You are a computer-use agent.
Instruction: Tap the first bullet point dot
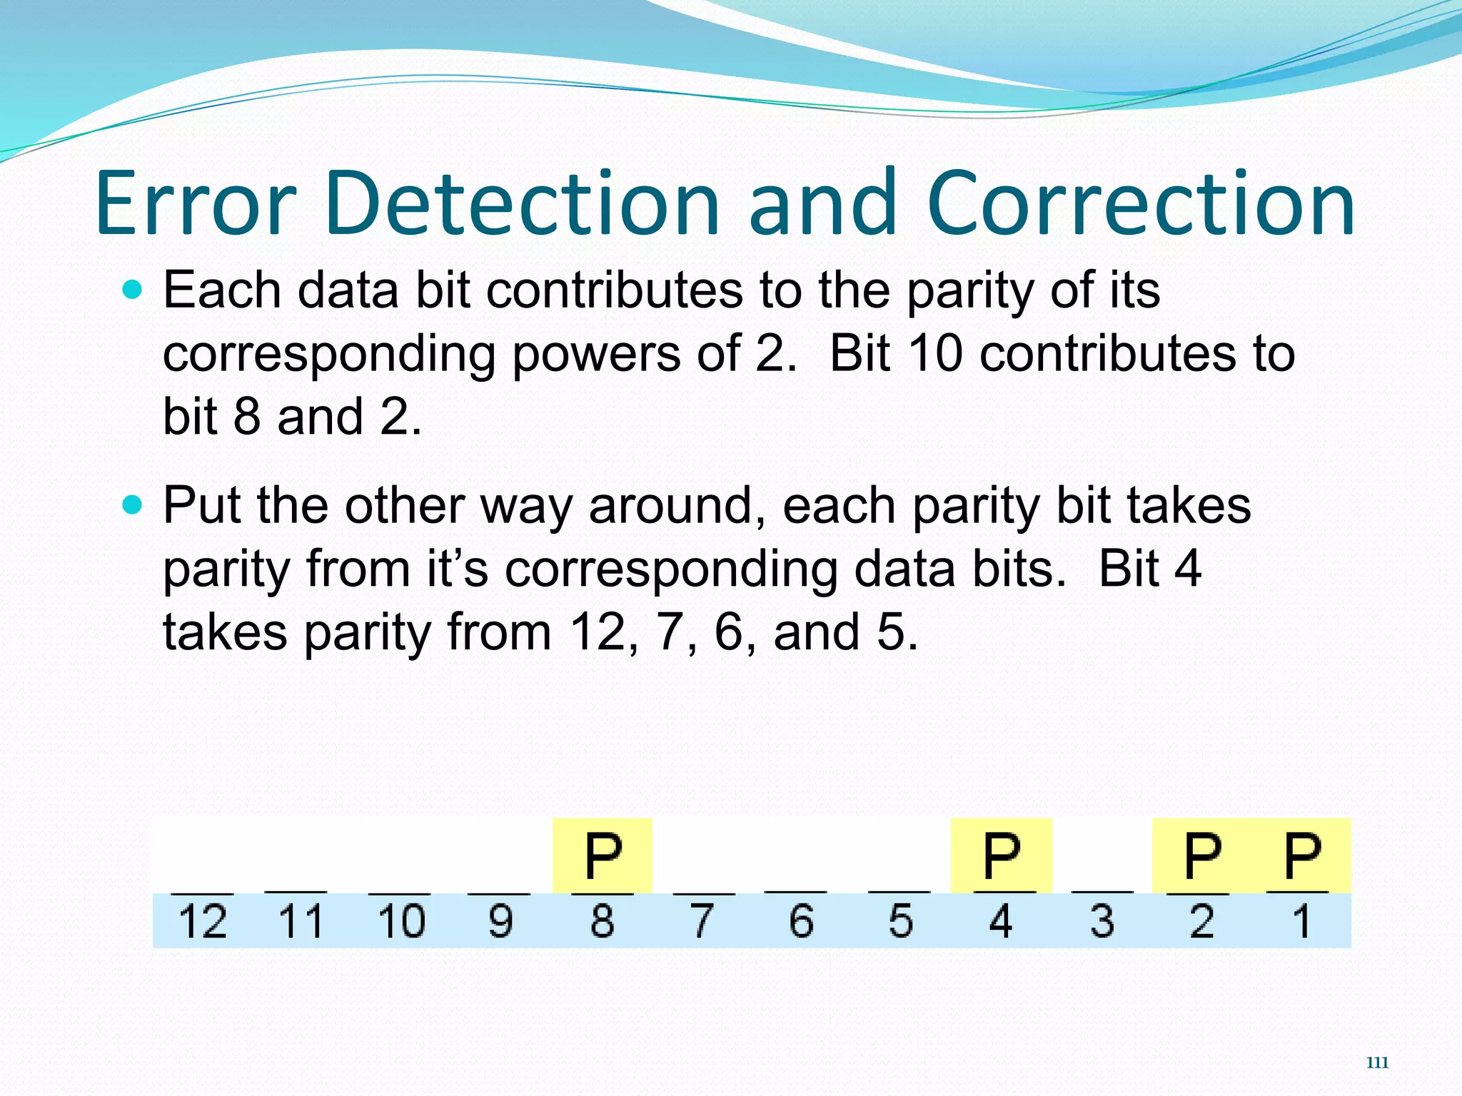[x=132, y=290]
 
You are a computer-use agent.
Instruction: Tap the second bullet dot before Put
[x=132, y=505]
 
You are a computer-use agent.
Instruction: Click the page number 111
[x=1377, y=1062]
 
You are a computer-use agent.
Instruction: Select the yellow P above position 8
[x=603, y=856]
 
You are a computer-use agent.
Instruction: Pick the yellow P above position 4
[x=1001, y=856]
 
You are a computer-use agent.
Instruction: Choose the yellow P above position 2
[x=1202, y=856]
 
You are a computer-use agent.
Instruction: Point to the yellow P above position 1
[x=1302, y=856]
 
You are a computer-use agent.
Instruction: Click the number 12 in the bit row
[x=202, y=920]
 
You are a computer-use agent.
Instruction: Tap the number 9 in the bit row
[x=500, y=920]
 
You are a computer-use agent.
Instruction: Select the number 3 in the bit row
[x=1101, y=920]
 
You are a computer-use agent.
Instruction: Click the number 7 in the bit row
[x=702, y=920]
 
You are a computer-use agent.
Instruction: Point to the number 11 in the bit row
[x=301, y=920]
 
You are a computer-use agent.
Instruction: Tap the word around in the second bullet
[x=678, y=505]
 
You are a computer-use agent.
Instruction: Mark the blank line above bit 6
[x=795, y=891]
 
